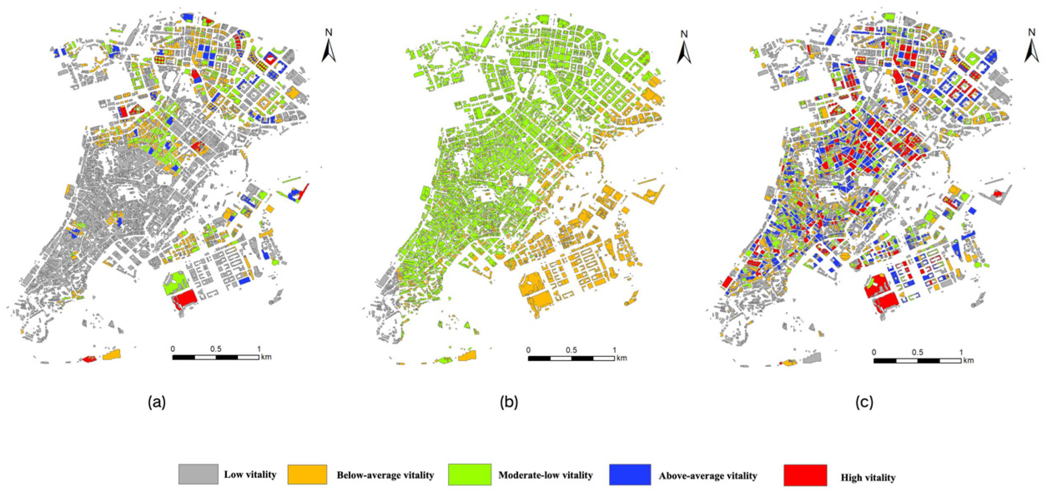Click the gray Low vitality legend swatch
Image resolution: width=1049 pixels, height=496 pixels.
(x=198, y=474)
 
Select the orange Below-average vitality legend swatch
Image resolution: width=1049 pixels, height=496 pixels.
(x=307, y=475)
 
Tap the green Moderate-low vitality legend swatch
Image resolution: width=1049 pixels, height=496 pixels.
(x=470, y=475)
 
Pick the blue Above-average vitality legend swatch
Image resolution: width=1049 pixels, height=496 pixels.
(x=630, y=475)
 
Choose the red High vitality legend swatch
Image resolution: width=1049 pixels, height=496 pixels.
(x=805, y=476)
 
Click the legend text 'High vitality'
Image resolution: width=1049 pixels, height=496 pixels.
(x=868, y=478)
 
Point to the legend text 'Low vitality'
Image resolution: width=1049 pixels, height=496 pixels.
(x=250, y=475)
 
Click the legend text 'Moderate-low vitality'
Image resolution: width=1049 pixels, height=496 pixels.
(x=546, y=475)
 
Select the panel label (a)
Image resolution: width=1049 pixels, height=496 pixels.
(x=157, y=402)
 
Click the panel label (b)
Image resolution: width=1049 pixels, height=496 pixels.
(x=509, y=402)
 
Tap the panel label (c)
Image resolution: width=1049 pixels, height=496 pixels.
(x=864, y=402)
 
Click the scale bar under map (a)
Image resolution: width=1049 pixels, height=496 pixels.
(x=216, y=357)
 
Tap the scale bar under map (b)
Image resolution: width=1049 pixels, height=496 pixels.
(x=571, y=358)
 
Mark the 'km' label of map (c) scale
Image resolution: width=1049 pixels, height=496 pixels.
(x=969, y=360)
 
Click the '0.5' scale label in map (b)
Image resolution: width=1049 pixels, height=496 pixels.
(x=571, y=350)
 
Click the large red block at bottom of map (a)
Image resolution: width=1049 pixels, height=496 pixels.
(x=185, y=298)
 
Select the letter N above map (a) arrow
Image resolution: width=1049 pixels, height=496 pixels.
(x=329, y=32)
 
